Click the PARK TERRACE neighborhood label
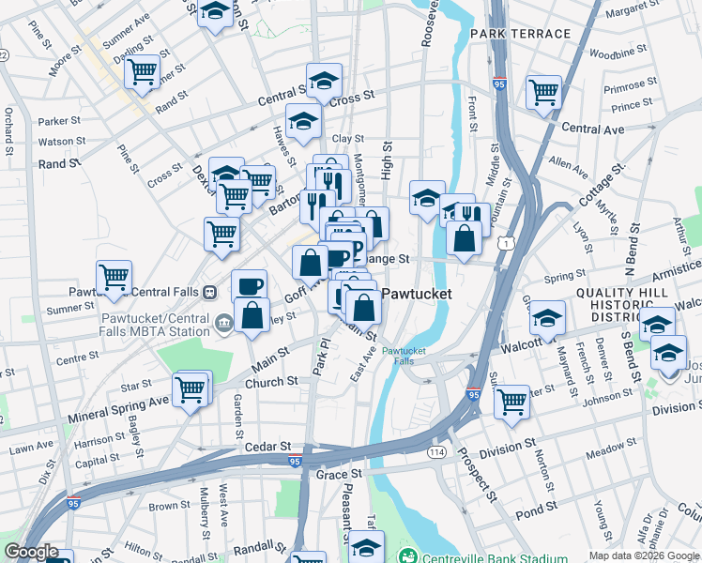point(521,34)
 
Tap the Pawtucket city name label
point(416,294)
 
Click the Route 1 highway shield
point(508,244)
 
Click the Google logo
point(30,552)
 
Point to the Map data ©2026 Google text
point(643,555)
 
